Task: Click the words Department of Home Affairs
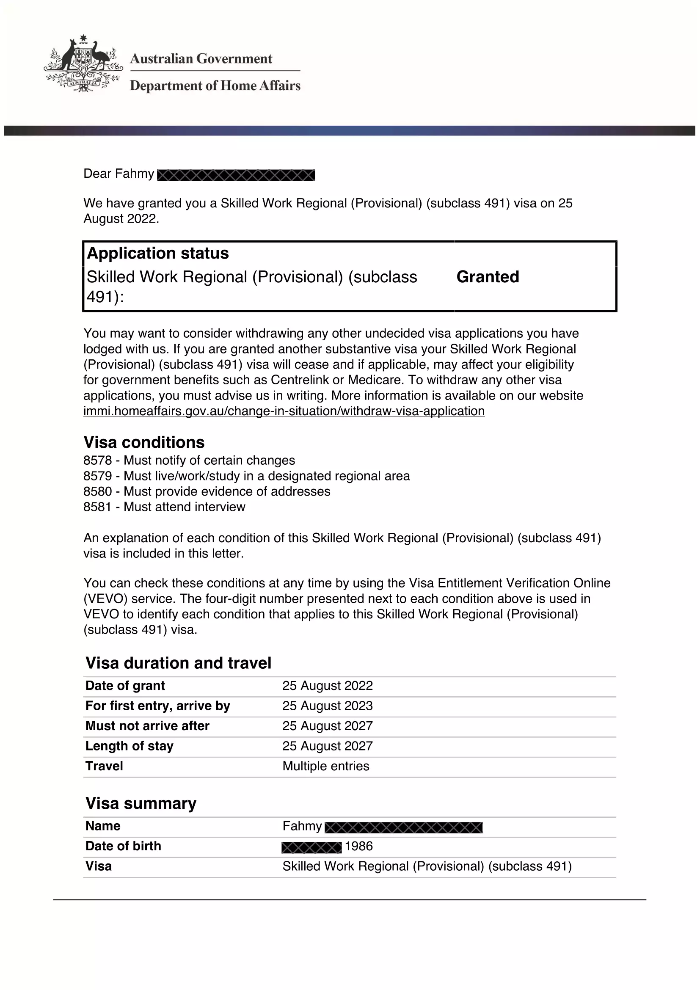coord(215,86)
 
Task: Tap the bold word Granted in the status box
coord(488,277)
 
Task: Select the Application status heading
coord(158,253)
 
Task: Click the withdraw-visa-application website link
coord(284,411)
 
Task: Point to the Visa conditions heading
coord(144,442)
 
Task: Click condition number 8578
coord(98,461)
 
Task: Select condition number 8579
coord(98,476)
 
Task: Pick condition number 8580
coord(98,491)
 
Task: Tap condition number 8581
coord(98,507)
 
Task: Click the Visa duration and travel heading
coord(179,663)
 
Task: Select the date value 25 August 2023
coord(327,706)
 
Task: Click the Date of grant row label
coord(125,686)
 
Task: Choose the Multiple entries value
coord(326,766)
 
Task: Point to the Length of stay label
coord(130,746)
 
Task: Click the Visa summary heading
coord(141,803)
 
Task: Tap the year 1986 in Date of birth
coord(358,846)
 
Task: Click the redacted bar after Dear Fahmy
coord(236,175)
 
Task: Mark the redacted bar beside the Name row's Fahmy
coord(403,827)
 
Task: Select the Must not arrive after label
coord(147,726)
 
